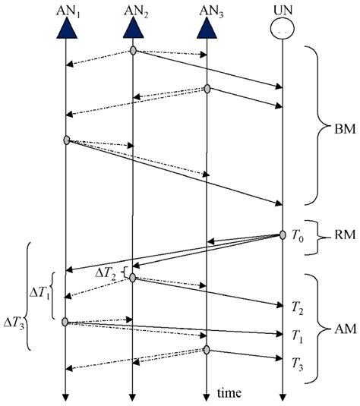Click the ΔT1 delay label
pos(39,291)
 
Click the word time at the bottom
pos(229,393)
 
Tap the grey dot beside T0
pos(283,236)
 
